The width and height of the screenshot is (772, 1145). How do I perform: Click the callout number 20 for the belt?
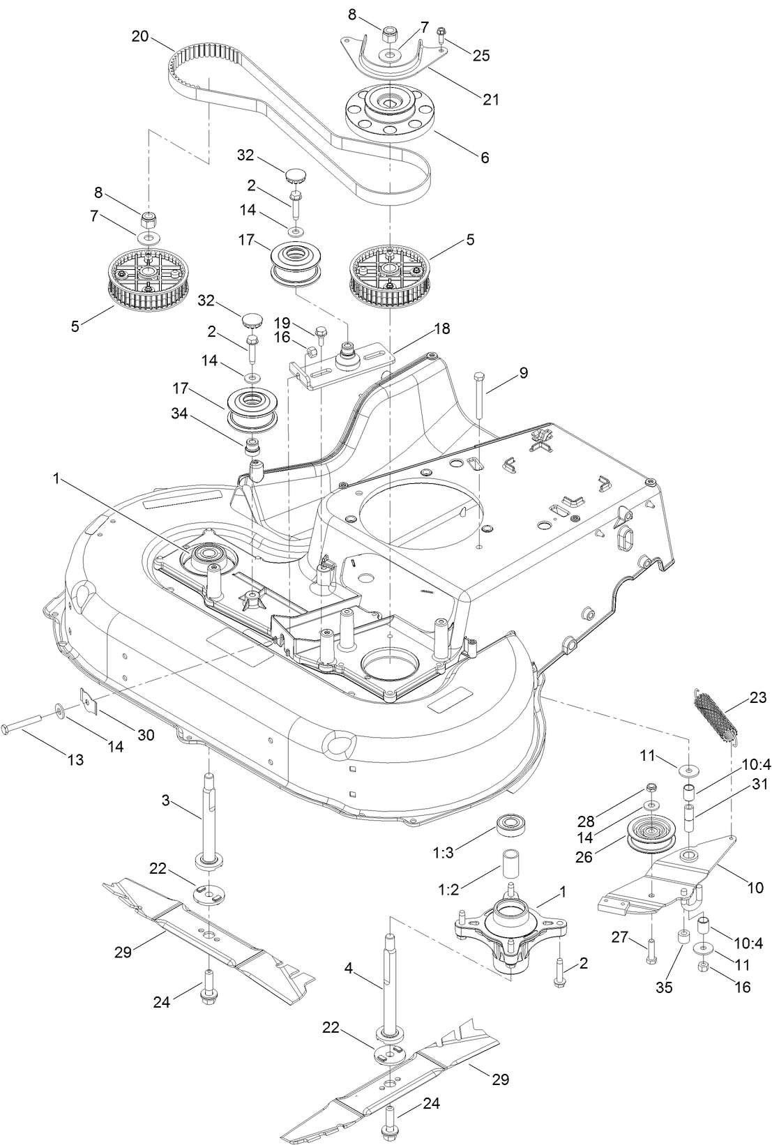139,36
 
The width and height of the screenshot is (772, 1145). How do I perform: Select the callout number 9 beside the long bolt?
523,373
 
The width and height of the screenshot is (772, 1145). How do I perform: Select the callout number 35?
664,988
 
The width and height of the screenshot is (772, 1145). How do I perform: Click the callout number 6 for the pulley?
483,158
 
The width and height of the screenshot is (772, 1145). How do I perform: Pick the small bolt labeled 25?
441,33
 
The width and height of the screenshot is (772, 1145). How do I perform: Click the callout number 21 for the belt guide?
491,99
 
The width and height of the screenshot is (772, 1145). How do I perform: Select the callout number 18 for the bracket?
441,328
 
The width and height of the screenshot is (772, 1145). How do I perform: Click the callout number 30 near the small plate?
146,735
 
